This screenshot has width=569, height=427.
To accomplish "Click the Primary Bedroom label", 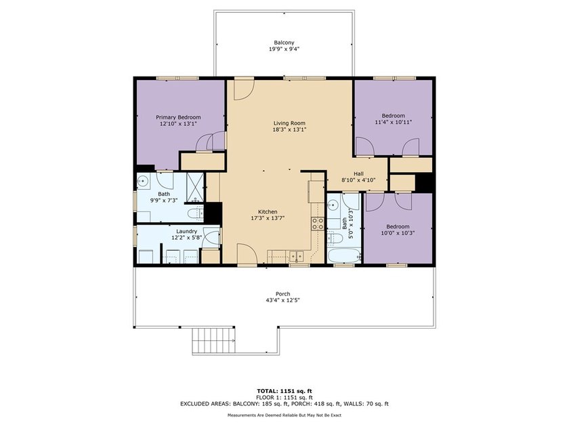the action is pyautogui.click(x=178, y=117).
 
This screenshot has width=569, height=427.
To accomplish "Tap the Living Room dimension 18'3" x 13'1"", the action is pyautogui.click(x=290, y=129).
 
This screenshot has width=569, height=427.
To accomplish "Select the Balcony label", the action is pyautogui.click(x=284, y=43).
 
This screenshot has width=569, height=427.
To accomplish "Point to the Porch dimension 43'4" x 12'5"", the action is pyautogui.click(x=283, y=300).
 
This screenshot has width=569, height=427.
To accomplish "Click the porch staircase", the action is pyautogui.click(x=214, y=340).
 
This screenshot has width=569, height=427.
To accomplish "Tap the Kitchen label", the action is pyautogui.click(x=268, y=211).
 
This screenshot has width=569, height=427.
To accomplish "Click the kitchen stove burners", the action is pyautogui.click(x=318, y=224).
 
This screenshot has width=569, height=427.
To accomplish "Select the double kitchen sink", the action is pyautogui.click(x=297, y=257).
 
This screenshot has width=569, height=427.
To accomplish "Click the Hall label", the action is pyautogui.click(x=358, y=174).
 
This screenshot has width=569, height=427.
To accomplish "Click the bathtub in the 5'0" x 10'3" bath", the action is pyautogui.click(x=344, y=256).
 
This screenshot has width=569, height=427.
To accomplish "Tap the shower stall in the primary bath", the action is pyautogui.click(x=195, y=187).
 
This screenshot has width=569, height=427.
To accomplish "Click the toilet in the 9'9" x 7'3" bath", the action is pyautogui.click(x=196, y=213).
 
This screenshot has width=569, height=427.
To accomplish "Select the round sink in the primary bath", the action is pyautogui.click(x=143, y=180).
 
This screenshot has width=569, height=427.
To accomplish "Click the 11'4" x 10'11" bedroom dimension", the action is pyautogui.click(x=394, y=123).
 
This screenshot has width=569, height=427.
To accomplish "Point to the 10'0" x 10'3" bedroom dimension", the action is pyautogui.click(x=398, y=233).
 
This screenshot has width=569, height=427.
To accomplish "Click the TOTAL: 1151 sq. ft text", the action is pyautogui.click(x=284, y=391).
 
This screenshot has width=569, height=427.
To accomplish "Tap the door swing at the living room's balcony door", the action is pyautogui.click(x=243, y=89).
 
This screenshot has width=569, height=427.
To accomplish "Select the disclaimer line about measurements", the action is pyautogui.click(x=284, y=415).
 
